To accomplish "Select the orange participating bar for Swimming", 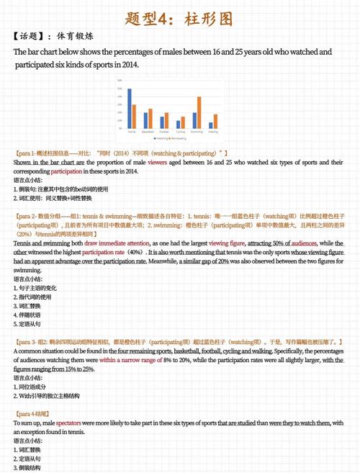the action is [x=199, y=113].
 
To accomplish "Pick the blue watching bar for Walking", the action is [x=211, y=125].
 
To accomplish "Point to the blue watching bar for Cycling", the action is [x=178, y=125].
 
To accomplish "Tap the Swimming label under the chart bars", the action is [x=197, y=132].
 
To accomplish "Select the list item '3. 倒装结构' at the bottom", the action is [x=27, y=467].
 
